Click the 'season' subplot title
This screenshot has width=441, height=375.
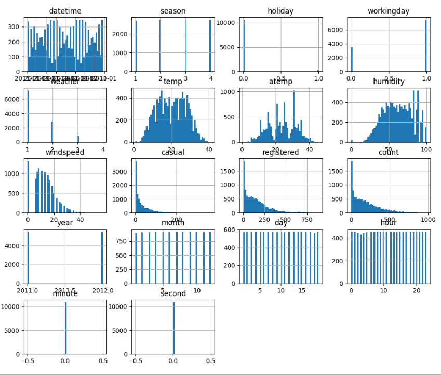tap(173, 10)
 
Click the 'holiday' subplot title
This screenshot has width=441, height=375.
tap(280, 10)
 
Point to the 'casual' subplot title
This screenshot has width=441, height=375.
tap(173, 152)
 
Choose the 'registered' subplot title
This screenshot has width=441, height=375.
tap(280, 152)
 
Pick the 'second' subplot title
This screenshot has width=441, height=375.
tap(173, 293)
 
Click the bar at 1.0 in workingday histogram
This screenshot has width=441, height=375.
tap(426, 46)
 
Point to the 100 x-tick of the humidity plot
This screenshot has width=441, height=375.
tap(426, 148)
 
